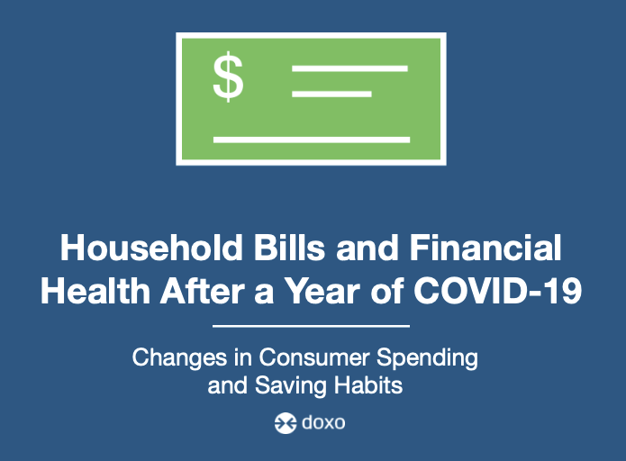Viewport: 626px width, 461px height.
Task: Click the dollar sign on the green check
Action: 228,77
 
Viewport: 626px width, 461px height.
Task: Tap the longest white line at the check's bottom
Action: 312,140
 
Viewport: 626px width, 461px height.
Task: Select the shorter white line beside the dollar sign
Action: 331,95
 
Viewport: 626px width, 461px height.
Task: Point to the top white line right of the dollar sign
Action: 349,68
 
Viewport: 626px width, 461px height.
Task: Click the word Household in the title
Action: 151,248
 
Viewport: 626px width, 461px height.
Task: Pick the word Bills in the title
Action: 289,248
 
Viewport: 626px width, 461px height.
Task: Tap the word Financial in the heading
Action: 485,248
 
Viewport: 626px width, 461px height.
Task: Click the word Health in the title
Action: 95,291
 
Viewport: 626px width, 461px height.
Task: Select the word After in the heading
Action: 203,291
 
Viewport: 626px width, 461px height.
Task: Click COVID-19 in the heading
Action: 497,291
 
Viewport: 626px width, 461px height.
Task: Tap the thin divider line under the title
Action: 311,326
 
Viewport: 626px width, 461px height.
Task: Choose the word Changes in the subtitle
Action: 179,358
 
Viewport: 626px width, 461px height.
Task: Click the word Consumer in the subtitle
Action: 313,357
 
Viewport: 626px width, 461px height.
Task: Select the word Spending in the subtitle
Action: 427,358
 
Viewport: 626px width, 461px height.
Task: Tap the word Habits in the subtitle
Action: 368,385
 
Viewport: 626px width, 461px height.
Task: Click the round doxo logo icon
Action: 286,422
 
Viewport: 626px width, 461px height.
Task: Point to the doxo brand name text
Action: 323,422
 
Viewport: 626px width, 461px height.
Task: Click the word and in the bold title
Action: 367,248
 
